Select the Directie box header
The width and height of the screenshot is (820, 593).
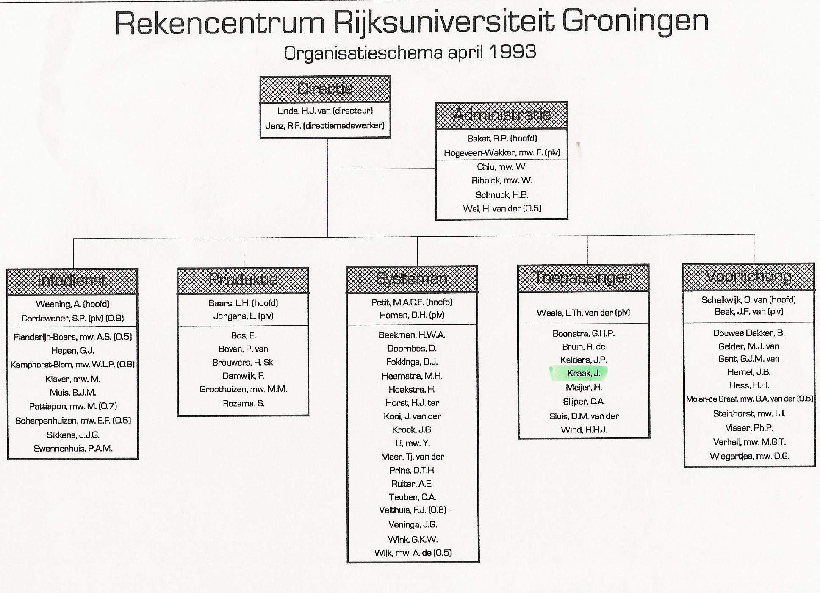click(x=325, y=89)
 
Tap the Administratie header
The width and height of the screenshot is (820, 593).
click(x=501, y=115)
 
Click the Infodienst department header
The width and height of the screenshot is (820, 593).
click(x=72, y=281)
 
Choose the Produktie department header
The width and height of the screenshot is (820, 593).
click(x=243, y=280)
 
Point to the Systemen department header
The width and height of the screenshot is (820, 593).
click(x=412, y=279)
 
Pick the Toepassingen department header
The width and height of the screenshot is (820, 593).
click(x=583, y=278)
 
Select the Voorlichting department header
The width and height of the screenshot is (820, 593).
click(x=748, y=277)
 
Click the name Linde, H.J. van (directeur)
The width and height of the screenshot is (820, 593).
click(x=325, y=111)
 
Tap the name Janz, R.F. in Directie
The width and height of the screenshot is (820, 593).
click(x=325, y=126)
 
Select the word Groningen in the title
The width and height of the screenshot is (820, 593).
click(x=635, y=22)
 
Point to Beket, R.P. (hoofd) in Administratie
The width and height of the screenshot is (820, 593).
click(x=501, y=139)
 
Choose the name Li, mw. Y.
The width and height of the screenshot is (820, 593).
click(x=412, y=443)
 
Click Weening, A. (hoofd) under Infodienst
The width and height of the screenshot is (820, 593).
click(x=72, y=304)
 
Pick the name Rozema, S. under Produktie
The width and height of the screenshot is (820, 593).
click(x=244, y=404)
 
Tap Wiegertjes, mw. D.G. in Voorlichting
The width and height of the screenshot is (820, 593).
click(x=749, y=457)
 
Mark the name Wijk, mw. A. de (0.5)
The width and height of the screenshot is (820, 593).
click(x=413, y=553)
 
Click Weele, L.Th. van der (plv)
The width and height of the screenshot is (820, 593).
click(x=583, y=313)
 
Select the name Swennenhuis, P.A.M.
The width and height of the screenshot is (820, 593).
click(x=73, y=449)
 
